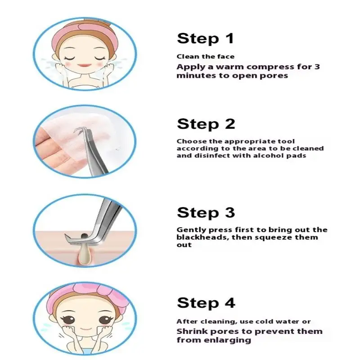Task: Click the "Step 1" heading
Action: tap(205, 39)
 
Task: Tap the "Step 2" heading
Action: tap(206, 124)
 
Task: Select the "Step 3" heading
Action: tap(206, 212)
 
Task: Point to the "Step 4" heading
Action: tap(206, 303)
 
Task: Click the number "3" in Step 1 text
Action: tap(317, 67)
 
